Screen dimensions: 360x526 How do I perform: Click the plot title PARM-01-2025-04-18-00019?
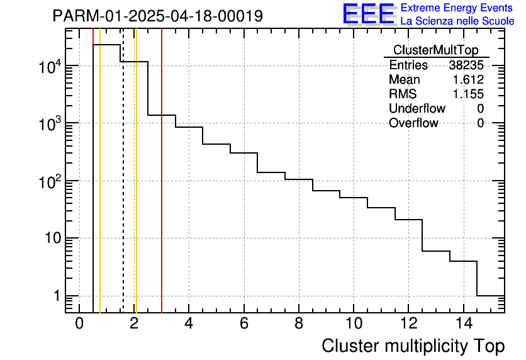(x=157, y=16)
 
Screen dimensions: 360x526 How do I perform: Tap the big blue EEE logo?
(x=368, y=14)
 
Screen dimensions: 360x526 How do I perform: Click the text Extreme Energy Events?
(x=457, y=8)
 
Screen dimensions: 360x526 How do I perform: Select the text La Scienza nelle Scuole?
(x=457, y=21)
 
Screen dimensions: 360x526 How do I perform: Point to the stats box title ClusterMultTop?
(x=435, y=50)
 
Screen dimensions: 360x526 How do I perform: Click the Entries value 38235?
(x=466, y=65)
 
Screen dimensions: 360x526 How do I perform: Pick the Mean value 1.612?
(x=468, y=80)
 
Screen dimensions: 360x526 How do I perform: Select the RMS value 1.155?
(x=468, y=94)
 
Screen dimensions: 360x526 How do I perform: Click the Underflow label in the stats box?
(x=417, y=109)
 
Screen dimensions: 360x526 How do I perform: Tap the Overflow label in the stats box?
(x=413, y=123)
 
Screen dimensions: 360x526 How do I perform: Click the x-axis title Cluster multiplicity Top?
(x=413, y=346)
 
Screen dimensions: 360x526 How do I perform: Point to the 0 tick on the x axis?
(x=79, y=323)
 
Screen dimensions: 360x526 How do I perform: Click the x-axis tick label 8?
(x=298, y=323)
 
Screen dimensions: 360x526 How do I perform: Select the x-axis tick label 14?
(x=463, y=323)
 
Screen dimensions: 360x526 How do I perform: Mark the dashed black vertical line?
(x=123, y=189)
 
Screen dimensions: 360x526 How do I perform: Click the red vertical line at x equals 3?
(x=162, y=189)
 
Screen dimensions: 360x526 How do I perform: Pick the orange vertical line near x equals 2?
(x=136, y=189)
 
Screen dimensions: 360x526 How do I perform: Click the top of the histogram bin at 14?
(x=463, y=261)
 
